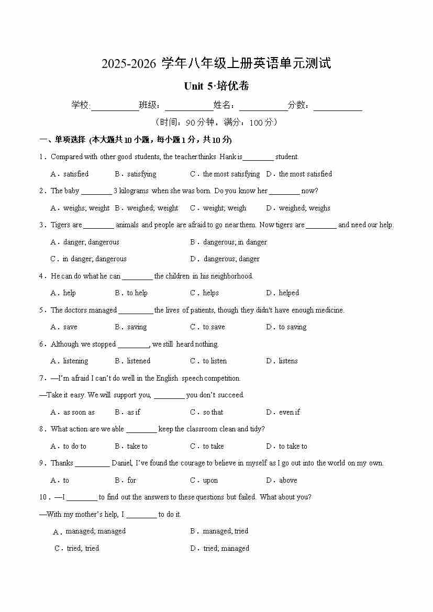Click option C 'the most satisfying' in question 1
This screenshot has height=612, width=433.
(225, 174)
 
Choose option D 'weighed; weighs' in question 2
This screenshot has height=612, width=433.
(298, 208)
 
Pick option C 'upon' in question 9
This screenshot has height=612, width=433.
(205, 480)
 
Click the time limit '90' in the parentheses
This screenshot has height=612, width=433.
(191, 123)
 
